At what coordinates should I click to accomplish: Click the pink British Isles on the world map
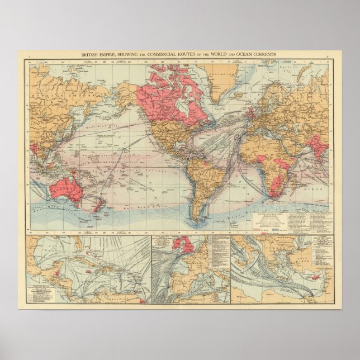coord(249,114)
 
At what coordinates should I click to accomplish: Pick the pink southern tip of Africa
coord(273,190)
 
